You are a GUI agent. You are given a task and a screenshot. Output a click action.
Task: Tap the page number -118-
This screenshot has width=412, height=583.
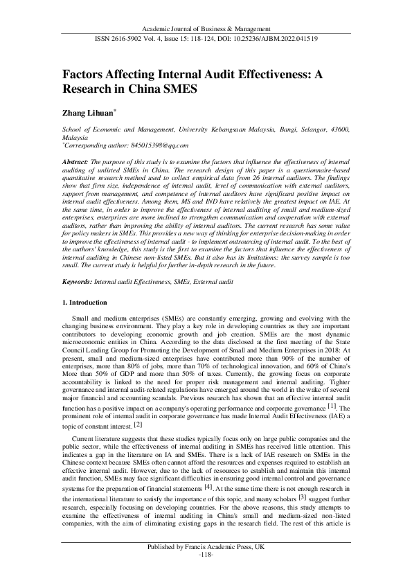pos(206,575)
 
